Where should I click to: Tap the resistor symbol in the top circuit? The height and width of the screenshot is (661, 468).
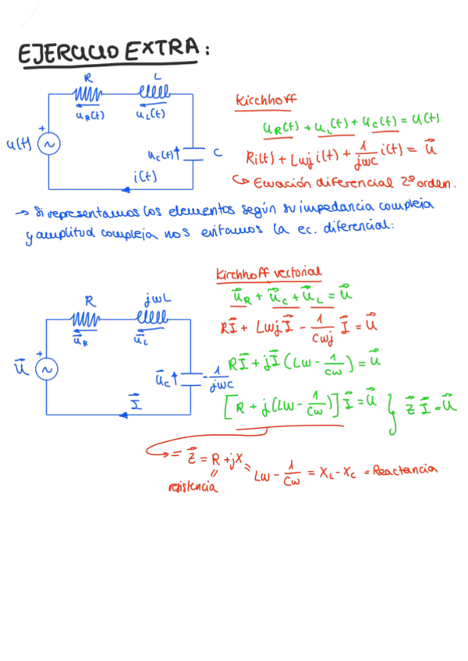tap(87, 94)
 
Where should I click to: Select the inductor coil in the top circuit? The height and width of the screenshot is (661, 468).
tap(156, 94)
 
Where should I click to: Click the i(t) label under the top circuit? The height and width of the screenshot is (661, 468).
tap(145, 176)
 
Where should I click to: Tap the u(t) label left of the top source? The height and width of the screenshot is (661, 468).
tap(17, 144)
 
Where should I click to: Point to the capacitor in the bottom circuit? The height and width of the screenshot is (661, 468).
tap(192, 380)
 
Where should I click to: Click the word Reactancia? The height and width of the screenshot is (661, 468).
tap(405, 470)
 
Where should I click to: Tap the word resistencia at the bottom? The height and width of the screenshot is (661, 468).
tap(192, 488)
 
